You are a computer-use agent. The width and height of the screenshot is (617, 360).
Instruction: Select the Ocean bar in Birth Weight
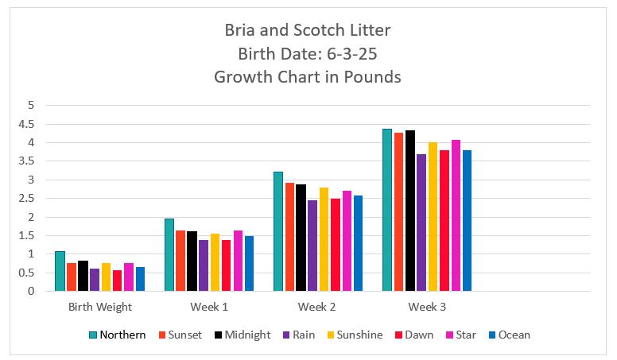(140, 279)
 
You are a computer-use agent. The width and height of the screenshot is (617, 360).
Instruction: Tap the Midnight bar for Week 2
(301, 238)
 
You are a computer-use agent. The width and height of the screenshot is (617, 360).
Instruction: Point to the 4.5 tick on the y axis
(28, 124)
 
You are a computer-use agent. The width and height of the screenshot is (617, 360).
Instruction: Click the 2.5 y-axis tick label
(28, 199)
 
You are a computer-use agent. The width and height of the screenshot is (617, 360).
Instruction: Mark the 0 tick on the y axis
(32, 292)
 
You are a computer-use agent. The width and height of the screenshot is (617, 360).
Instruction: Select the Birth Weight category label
(99, 306)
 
